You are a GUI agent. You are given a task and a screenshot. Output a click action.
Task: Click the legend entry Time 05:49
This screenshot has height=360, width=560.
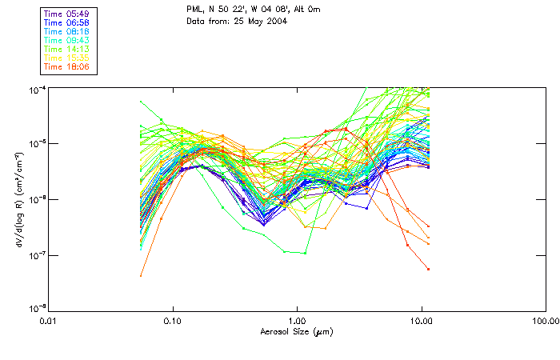(x=67, y=13)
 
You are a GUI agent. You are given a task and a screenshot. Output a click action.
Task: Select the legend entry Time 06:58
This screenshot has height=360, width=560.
(x=67, y=22)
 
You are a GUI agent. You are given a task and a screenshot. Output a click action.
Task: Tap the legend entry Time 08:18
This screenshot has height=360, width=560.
(x=67, y=30)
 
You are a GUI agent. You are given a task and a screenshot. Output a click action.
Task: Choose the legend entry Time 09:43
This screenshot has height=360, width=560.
(x=67, y=39)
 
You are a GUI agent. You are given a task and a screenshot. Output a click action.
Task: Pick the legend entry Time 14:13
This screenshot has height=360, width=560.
(x=67, y=48)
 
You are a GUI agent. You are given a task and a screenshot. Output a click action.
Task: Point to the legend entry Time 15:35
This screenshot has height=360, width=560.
(x=67, y=57)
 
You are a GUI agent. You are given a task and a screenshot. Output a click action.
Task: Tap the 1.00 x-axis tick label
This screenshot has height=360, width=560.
(x=297, y=321)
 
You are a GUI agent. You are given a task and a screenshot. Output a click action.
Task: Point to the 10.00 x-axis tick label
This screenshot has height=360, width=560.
(x=421, y=321)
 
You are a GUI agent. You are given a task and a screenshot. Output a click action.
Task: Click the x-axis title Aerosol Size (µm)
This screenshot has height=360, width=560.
(x=296, y=331)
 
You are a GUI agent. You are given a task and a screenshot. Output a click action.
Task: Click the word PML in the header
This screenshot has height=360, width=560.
(x=194, y=10)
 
